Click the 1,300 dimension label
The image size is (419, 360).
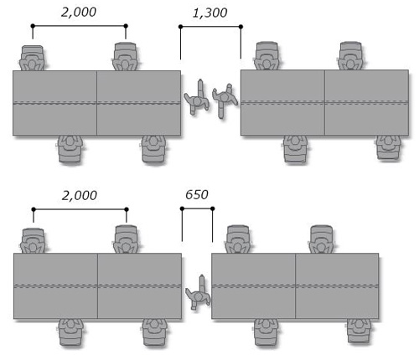[x=209, y=13]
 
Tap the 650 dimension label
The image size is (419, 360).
[x=197, y=195]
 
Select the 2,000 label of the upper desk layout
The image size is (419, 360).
[x=79, y=13]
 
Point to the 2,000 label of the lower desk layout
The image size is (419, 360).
[x=80, y=195]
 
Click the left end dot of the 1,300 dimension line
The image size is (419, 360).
[x=180, y=27]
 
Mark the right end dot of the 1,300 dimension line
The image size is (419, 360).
[x=241, y=27]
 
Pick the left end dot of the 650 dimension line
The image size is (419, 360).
[x=182, y=208]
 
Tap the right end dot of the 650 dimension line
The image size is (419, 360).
[x=213, y=208]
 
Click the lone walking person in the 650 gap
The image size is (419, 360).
[x=198, y=293]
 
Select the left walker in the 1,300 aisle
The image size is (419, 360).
[x=197, y=98]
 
